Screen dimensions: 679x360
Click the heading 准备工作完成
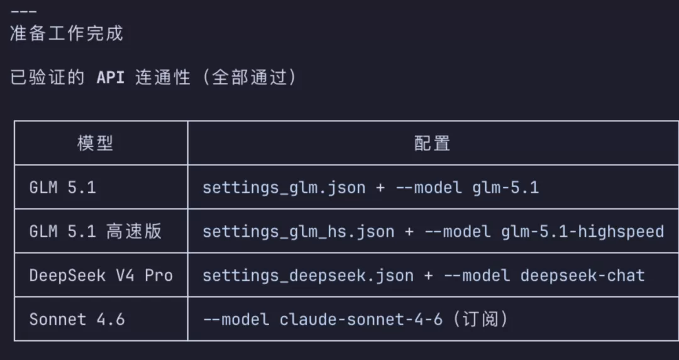click(x=67, y=34)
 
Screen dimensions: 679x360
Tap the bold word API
click(x=111, y=78)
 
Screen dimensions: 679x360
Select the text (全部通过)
click(x=250, y=78)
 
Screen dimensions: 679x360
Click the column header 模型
click(x=96, y=143)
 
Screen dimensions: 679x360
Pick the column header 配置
click(x=432, y=143)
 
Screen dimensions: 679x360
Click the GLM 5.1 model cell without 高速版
click(x=62, y=187)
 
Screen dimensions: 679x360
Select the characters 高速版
click(x=134, y=231)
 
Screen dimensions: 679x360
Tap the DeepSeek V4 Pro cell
click(x=101, y=275)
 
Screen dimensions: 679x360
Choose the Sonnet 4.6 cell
click(x=77, y=319)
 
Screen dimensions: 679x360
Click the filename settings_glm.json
click(x=284, y=188)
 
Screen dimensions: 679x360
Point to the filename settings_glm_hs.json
click(x=299, y=232)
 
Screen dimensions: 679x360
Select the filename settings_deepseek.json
click(x=308, y=276)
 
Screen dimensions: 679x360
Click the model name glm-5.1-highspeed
click(x=582, y=232)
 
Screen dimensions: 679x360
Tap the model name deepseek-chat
click(x=582, y=276)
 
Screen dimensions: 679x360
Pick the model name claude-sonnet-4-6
click(x=361, y=319)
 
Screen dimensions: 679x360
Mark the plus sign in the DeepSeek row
click(x=428, y=276)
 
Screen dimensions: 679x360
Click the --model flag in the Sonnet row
click(x=236, y=319)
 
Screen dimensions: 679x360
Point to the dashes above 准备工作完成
click(x=23, y=11)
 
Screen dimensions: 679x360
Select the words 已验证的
click(x=47, y=78)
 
